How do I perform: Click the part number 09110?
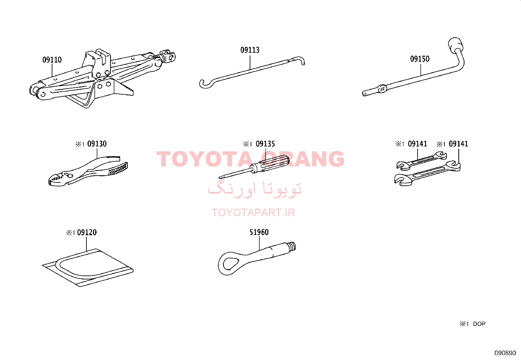point(52,60)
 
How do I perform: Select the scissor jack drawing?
point(102,78)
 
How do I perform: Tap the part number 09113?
point(250,50)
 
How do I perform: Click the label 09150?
point(420,59)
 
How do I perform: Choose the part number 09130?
point(97,144)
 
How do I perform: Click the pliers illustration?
point(88,171)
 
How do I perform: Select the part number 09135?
point(265,144)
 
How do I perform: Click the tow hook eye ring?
point(229,263)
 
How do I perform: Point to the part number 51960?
point(259,232)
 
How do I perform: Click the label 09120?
point(87,232)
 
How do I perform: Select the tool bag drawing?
point(88,267)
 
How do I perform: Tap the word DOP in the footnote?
point(479,324)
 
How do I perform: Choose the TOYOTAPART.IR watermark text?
point(253,213)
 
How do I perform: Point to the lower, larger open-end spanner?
point(427,174)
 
